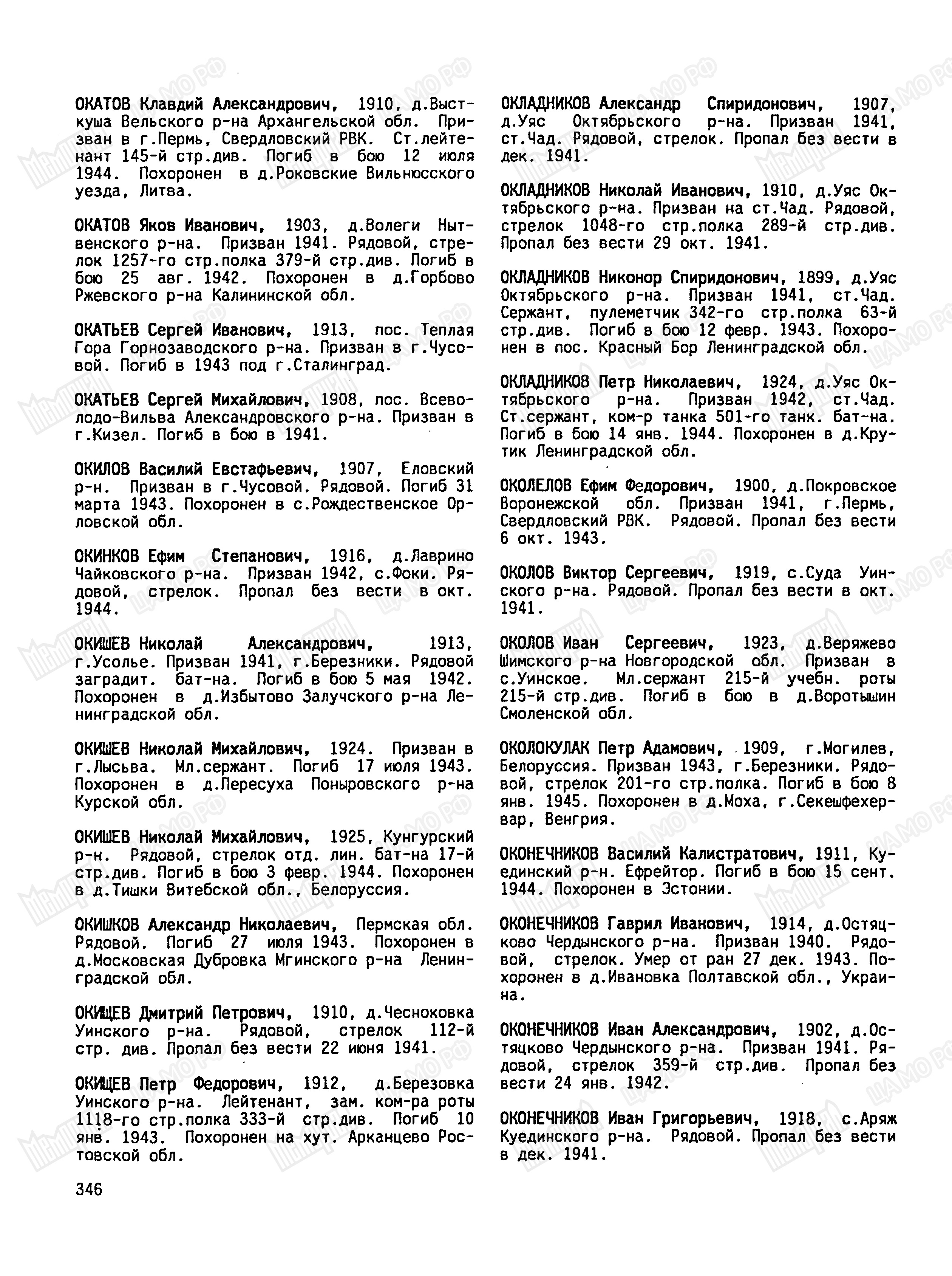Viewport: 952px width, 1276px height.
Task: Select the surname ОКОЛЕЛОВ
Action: (x=536, y=486)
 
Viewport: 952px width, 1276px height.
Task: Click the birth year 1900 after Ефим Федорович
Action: (x=751, y=486)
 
